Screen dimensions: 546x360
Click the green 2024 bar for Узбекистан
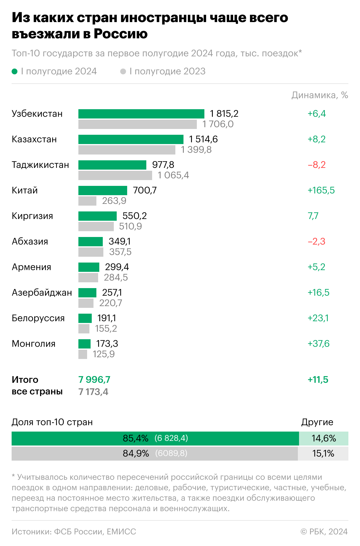[141, 114]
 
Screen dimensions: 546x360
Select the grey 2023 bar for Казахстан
[127, 150]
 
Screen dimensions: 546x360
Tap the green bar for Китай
[102, 191]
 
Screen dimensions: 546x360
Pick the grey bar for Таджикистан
[115, 175]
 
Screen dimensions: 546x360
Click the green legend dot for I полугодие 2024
[15, 71]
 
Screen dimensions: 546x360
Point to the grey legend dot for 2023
[123, 71]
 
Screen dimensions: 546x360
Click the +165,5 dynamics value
[321, 191]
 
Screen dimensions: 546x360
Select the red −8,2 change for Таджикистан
[316, 165]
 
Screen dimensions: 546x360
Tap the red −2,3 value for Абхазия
[316, 242]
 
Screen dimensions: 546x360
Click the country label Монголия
[33, 344]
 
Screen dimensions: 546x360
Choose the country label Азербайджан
[42, 293]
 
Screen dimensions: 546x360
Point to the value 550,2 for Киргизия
[134, 216]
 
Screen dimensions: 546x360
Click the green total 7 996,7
[94, 380]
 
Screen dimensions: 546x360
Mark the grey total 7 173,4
[93, 392]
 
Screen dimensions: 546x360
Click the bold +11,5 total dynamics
[318, 380]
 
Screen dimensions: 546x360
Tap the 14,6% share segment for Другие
[324, 438]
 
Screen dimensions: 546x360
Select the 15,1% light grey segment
[323, 453]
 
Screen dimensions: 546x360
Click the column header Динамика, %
[320, 95]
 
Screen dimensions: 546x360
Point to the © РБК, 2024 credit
[324, 531]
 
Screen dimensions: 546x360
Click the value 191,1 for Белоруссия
[107, 318]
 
